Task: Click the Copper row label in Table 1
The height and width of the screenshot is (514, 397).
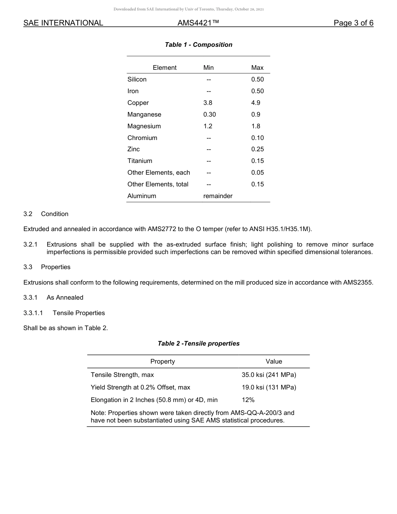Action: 138,103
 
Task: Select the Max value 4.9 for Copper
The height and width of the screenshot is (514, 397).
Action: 256,103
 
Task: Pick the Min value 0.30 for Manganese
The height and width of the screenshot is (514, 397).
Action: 209,115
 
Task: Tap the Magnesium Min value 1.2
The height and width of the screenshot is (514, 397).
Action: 208,126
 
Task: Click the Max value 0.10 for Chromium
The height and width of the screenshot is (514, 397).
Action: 257,138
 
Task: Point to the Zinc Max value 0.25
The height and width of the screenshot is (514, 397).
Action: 257,149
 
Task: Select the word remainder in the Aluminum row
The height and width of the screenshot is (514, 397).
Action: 218,196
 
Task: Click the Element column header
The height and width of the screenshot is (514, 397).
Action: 165,68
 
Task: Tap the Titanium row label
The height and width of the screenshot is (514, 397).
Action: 140,161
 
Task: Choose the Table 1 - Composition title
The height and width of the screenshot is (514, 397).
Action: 198,45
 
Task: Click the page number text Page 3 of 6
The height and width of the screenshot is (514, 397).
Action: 353,23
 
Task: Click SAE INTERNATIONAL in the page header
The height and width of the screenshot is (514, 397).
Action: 63,23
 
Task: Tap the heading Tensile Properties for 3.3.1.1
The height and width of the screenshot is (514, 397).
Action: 79,313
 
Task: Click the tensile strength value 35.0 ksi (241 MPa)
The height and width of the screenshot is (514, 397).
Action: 269,375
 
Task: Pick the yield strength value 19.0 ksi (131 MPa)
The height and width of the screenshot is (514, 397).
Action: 269,387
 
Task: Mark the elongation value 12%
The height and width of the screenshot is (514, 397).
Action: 248,400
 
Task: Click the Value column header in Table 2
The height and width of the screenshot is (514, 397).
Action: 274,361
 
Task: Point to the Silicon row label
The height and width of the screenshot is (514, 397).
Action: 137,79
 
